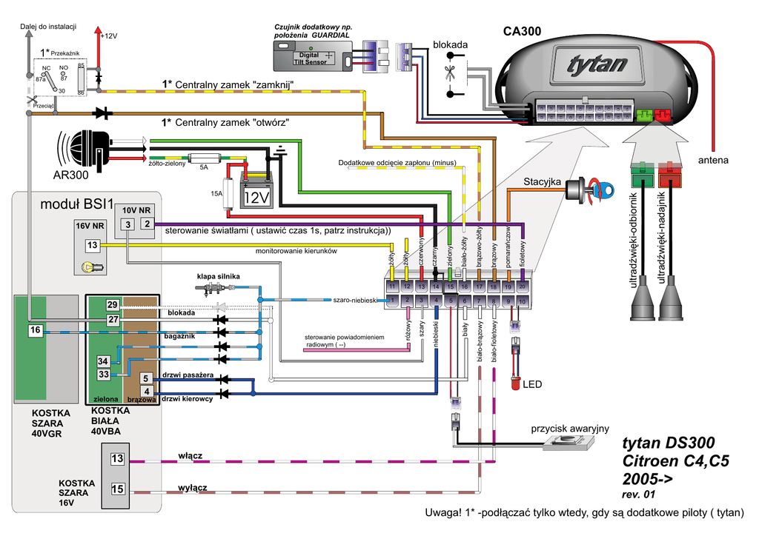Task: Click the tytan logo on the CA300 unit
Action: (597, 64)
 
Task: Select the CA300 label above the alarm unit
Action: (522, 31)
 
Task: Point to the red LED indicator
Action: (515, 383)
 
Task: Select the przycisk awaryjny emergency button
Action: (568, 443)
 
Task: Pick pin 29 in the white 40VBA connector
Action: (112, 305)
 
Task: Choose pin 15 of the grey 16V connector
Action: (117, 489)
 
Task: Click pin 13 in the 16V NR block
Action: (92, 245)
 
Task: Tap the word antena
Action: (713, 160)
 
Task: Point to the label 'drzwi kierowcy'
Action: (188, 399)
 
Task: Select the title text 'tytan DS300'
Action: (669, 443)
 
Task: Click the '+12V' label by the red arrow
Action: (108, 36)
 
